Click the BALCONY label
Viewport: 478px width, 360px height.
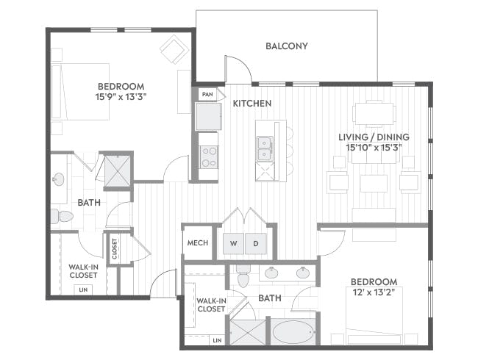[x=286, y=46]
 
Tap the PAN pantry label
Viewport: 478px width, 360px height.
[x=207, y=95]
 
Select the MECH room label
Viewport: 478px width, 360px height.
[x=198, y=242]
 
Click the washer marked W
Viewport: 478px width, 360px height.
[x=233, y=243]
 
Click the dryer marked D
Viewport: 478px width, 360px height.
[x=256, y=243]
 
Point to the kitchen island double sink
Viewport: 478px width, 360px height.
[x=265, y=148]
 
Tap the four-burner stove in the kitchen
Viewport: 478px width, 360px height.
[x=209, y=157]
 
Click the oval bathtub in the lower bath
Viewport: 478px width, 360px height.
[x=293, y=332]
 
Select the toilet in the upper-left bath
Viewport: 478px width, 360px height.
[x=62, y=216]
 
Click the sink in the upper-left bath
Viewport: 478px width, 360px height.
[x=58, y=179]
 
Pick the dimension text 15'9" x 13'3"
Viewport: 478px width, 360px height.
[x=121, y=97]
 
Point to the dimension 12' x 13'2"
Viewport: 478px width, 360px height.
[x=374, y=292]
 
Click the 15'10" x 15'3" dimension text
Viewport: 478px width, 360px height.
[x=374, y=148]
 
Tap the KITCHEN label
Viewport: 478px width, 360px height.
[x=252, y=104]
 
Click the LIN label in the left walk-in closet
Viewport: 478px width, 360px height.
[x=83, y=289]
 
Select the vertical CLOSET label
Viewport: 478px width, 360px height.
[x=115, y=248]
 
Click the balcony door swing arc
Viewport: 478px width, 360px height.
[x=243, y=64]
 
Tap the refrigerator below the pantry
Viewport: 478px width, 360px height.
[x=209, y=117]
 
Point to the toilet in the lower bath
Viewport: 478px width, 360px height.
[x=243, y=276]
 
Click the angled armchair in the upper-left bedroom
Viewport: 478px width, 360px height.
[x=174, y=49]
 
